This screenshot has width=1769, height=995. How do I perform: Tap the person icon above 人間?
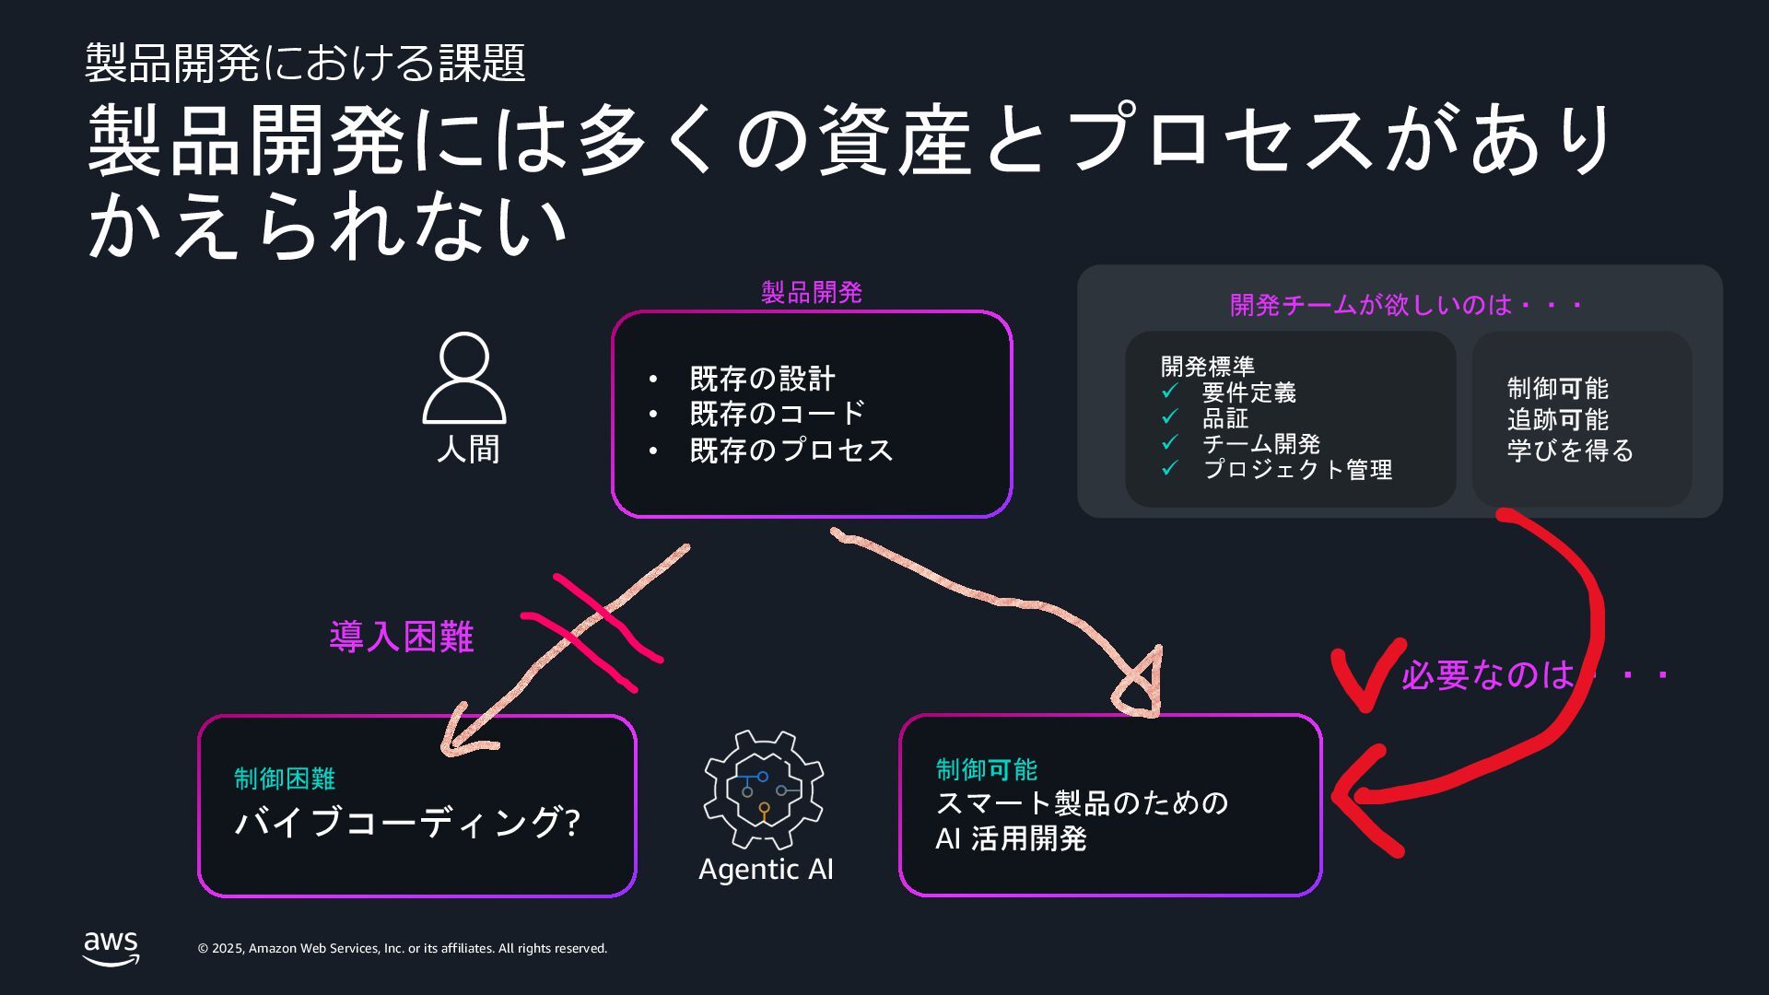(464, 378)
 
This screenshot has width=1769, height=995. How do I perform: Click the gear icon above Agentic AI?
(764, 790)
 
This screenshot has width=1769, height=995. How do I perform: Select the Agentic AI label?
(766, 869)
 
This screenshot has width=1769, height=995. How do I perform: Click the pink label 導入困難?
(402, 637)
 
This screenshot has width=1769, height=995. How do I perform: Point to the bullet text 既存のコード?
(778, 414)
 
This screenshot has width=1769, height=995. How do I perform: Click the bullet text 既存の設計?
(763, 379)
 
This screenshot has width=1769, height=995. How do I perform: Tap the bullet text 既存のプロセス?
(792, 450)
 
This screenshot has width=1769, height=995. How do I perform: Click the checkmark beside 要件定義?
(1170, 392)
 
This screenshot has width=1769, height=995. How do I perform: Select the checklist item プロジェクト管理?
(1297, 470)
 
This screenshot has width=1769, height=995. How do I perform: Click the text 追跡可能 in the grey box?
(1557, 420)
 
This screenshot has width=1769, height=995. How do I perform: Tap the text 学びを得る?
(1570, 451)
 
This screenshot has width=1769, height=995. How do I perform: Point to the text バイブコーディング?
(407, 822)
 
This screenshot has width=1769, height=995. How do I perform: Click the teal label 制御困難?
(285, 778)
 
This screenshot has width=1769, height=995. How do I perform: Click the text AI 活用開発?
(1012, 839)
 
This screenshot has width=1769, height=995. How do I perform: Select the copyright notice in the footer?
(403, 949)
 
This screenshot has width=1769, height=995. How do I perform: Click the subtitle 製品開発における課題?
(305, 63)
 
